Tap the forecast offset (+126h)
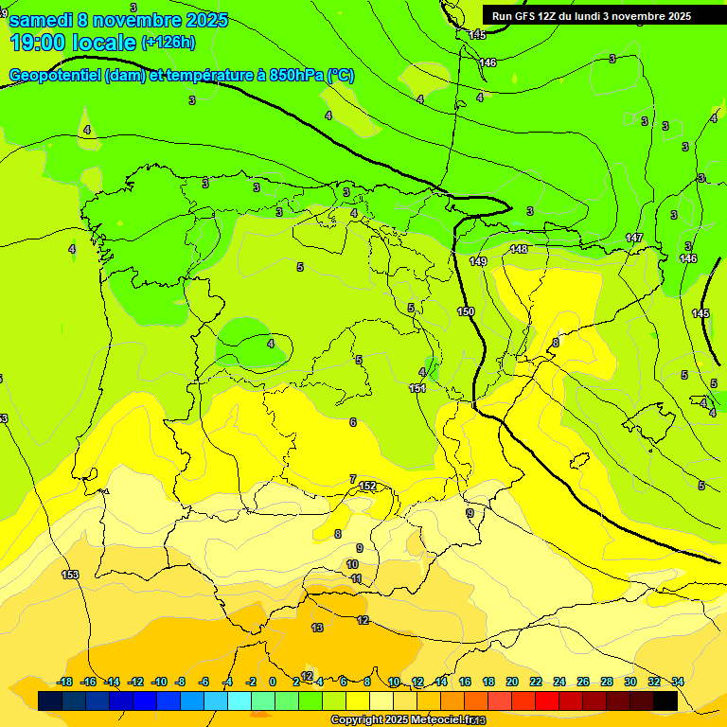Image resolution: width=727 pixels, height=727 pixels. tap(168, 43)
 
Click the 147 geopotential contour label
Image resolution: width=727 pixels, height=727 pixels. tap(634, 238)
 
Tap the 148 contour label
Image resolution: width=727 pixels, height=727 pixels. tap(519, 249)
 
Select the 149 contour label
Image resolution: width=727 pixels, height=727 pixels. tap(478, 261)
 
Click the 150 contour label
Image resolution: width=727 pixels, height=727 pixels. tap(466, 311)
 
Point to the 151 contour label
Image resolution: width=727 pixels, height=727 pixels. tap(417, 388)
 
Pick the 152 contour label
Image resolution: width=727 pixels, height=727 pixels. tap(368, 486)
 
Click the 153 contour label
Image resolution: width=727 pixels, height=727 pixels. tap(70, 575)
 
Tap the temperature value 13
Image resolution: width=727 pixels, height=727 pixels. tap(317, 628)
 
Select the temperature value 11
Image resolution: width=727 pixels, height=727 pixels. tap(356, 578)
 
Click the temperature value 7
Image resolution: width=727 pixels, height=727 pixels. tap(353, 479)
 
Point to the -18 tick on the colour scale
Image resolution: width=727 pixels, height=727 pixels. tap(64, 682)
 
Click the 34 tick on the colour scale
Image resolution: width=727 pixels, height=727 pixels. tap(678, 682)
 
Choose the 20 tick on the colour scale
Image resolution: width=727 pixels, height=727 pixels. tap(512, 682)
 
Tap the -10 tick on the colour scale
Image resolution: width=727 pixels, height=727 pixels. tap(159, 682)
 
